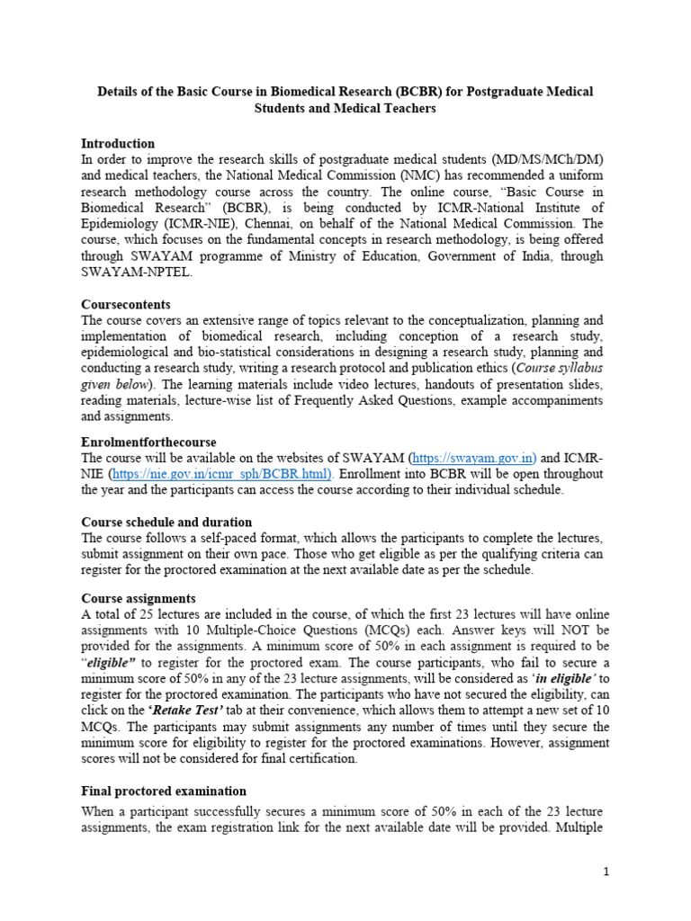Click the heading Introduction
tap(118, 143)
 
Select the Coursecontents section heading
tap(126, 304)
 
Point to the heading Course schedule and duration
tap(166, 522)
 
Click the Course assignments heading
tap(139, 598)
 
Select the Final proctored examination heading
tap(164, 791)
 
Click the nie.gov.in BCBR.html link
tap(220, 473)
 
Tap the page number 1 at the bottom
tap(606, 872)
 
